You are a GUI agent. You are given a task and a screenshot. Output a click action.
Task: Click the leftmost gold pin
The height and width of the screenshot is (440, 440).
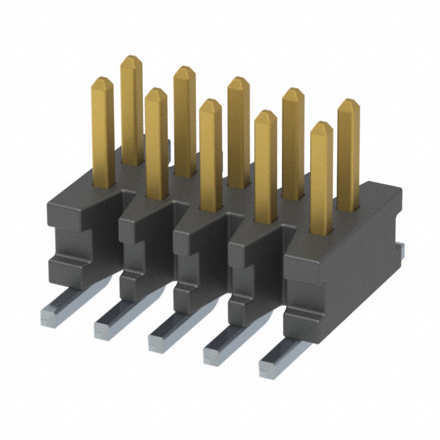pyautogui.click(x=103, y=131)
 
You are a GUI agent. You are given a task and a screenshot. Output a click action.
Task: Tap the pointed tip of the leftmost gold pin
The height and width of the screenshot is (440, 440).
pyautogui.click(x=102, y=81)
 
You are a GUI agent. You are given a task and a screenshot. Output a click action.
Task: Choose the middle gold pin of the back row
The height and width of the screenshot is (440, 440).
pyautogui.click(x=239, y=131)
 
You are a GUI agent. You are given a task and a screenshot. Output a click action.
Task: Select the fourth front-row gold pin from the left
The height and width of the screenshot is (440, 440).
pyautogui.click(x=265, y=165)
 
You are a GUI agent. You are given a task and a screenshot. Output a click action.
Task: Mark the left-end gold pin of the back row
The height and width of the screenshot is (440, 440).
pyautogui.click(x=131, y=110)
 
